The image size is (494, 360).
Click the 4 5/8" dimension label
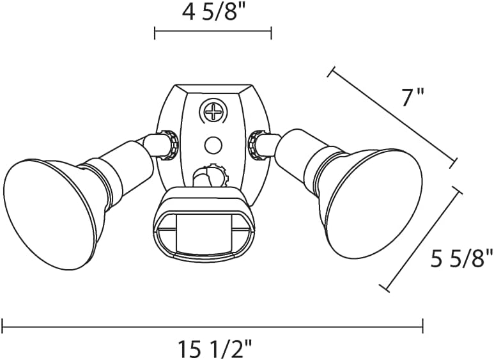coord(213,12)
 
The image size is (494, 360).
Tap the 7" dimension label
coord(413,98)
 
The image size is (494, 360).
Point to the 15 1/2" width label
coord(213,348)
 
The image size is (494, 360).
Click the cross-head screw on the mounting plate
coord(213,113)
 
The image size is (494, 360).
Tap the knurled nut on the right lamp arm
coord(258,144)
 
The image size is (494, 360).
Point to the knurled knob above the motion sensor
coord(217,176)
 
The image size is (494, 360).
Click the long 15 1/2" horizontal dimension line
coord(212,326)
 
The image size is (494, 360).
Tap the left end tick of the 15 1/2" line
coord(3,326)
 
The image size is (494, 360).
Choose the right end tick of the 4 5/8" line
coord(272,33)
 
